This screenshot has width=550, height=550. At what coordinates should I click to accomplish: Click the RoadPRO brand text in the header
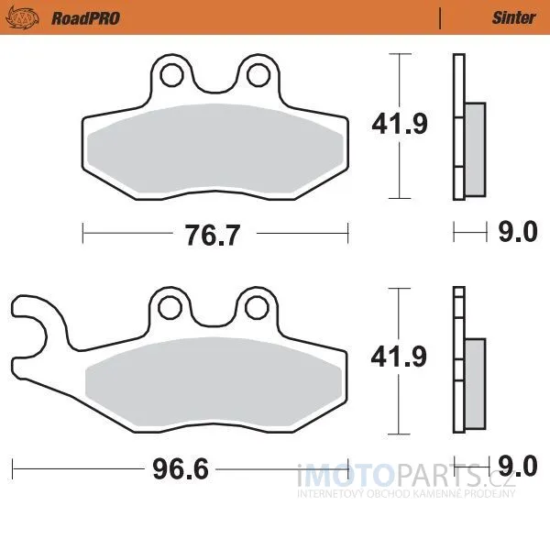click(85, 18)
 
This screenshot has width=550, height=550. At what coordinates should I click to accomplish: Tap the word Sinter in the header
click(513, 17)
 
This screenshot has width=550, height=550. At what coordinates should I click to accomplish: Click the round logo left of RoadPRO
click(22, 18)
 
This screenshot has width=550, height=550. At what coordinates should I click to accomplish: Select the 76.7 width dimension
click(213, 235)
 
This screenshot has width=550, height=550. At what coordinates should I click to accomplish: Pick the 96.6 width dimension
click(181, 468)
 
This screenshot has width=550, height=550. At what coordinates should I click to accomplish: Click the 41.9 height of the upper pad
click(400, 124)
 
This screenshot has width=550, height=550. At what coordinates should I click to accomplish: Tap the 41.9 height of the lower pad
click(399, 357)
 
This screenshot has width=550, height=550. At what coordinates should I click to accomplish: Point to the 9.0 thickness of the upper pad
click(518, 232)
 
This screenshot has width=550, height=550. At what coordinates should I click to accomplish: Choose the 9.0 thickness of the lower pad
click(518, 467)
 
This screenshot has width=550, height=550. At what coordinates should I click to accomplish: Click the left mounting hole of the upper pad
click(172, 75)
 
